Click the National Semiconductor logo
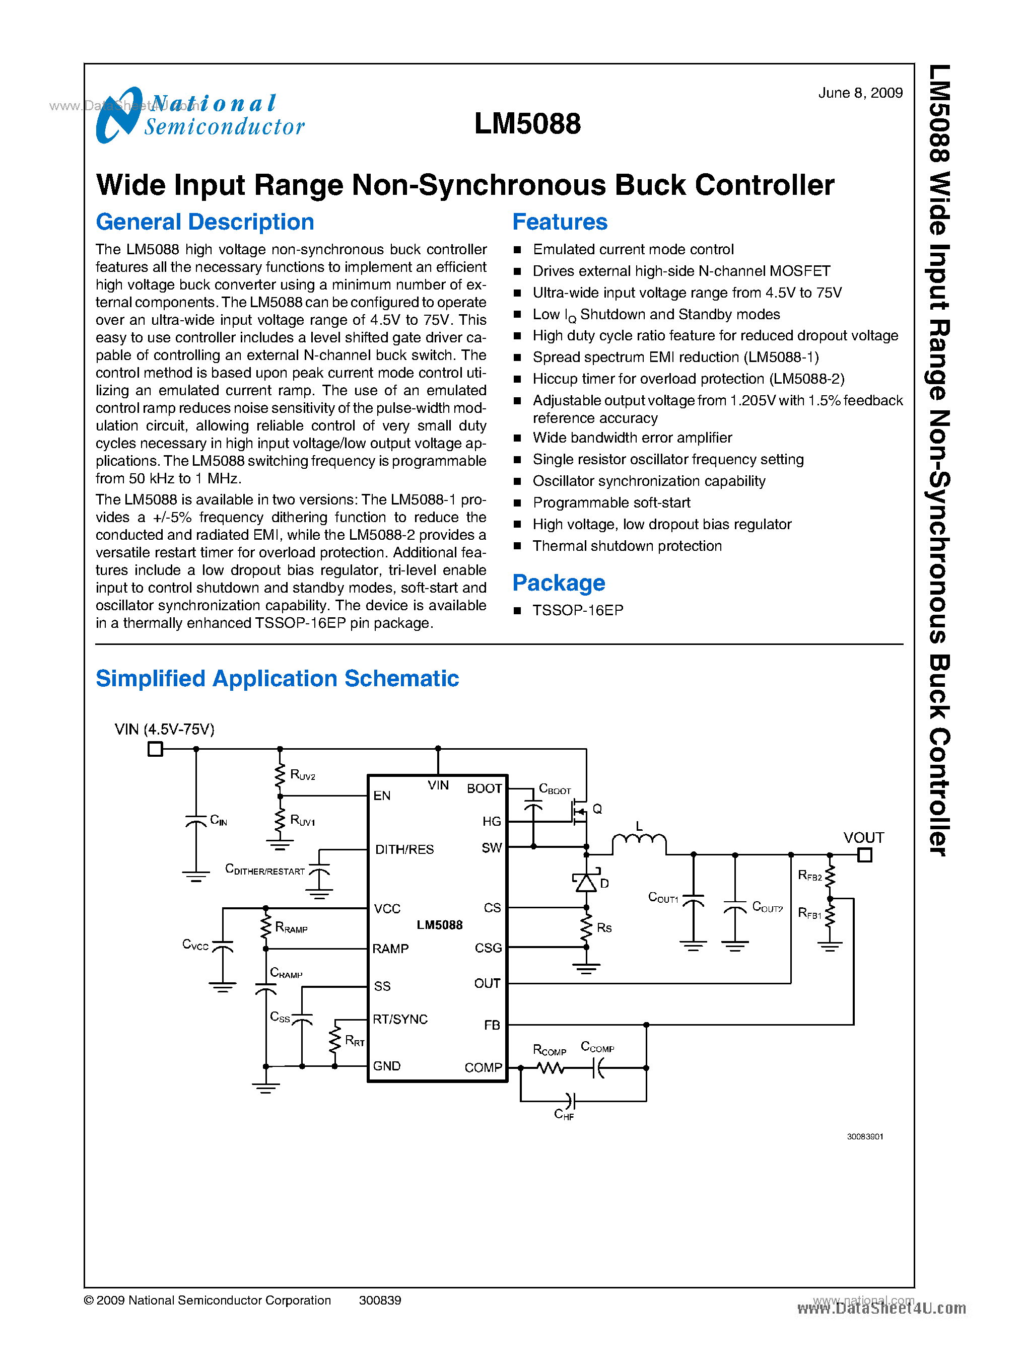199,116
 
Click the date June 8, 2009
860,93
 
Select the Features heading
559,222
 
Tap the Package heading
558,583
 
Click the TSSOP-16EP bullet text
577,610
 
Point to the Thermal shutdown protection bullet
627,546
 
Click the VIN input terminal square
155,749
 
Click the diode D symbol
586,882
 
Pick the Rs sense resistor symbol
586,927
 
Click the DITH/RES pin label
404,849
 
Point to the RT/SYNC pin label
400,1020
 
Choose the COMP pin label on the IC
483,1067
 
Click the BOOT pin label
484,788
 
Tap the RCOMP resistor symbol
550,1068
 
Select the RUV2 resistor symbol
280,773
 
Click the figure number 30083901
865,1136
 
